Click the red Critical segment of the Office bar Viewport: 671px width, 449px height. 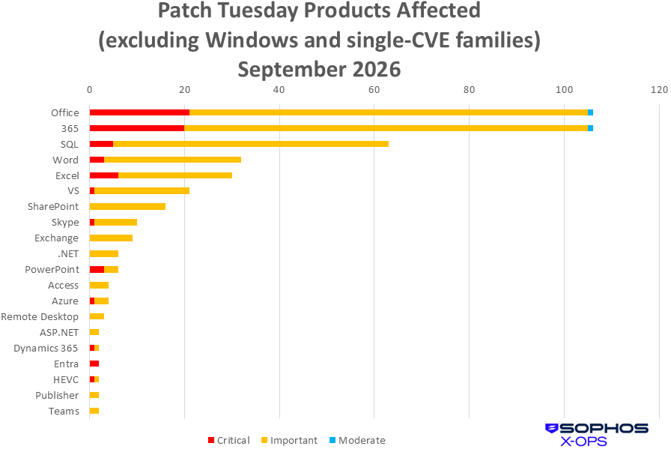tap(139, 112)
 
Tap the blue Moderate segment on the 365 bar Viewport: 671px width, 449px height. tap(590, 128)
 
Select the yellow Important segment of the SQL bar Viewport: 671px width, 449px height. tap(251, 144)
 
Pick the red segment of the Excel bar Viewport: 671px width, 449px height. tap(104, 175)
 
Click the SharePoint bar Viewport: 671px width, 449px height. tap(127, 206)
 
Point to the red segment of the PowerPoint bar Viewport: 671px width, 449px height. tap(97, 270)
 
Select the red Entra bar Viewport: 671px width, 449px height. tap(94, 364)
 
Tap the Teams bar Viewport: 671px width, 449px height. tap(94, 411)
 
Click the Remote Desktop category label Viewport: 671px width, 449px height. tap(40, 316)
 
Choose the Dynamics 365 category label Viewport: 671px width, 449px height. tap(46, 348)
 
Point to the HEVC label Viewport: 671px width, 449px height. tap(66, 379)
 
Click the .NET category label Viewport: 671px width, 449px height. tap(68, 253)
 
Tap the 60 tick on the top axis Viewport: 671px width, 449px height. tap(374, 89)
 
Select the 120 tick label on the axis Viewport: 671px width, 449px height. tap(660, 89)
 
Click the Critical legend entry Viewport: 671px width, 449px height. tap(228, 440)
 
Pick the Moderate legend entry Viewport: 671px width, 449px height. tap(357, 440)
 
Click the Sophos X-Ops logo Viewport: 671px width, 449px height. tap(597, 435)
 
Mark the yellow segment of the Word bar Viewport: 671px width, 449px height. tap(173, 160)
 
